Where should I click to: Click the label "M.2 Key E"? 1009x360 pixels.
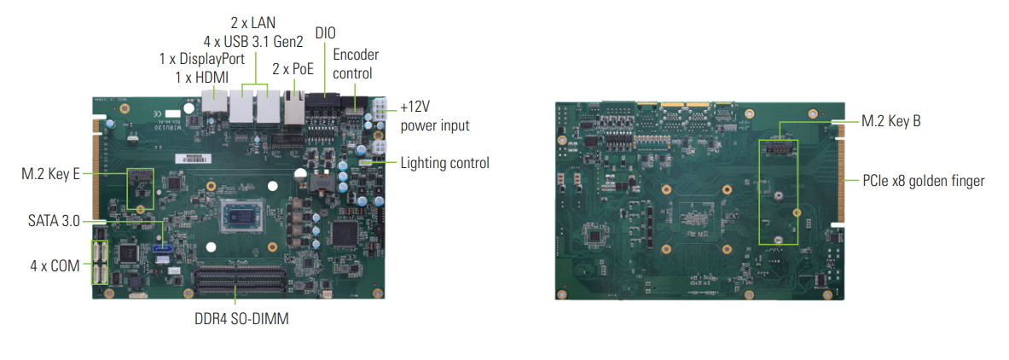(50, 174)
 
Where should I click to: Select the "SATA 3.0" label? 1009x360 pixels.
(53, 221)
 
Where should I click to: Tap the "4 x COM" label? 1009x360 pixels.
(55, 265)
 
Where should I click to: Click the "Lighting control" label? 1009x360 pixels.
(444, 162)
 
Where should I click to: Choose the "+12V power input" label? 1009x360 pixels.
(434, 117)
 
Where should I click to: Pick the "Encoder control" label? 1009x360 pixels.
(355, 64)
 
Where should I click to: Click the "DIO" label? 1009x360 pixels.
(325, 32)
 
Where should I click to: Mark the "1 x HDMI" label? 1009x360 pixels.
(201, 77)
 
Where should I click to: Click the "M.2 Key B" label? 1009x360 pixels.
(890, 121)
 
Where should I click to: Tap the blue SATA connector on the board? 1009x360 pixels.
(162, 252)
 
